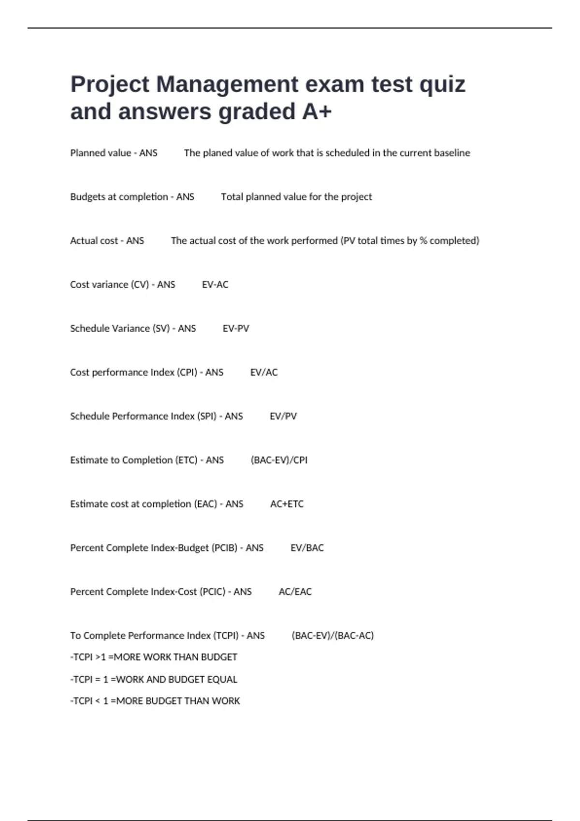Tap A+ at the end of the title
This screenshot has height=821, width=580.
coord(317,112)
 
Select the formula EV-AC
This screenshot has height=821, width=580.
coord(215,285)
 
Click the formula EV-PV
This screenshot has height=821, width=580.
coord(236,329)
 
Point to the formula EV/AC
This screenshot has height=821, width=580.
coord(264,372)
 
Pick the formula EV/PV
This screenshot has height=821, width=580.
coord(283,416)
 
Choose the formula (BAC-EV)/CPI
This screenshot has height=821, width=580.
coord(279,460)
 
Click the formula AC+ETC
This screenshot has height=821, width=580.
coord(287,504)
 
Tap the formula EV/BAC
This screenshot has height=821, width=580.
coord(307,548)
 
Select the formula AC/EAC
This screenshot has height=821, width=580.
coord(295,592)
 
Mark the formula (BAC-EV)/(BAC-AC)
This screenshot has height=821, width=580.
coord(333,636)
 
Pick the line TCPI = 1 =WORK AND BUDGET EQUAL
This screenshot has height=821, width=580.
coord(154,679)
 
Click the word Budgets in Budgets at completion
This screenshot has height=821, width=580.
coord(87,197)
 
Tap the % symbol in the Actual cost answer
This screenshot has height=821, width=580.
coord(423,241)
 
